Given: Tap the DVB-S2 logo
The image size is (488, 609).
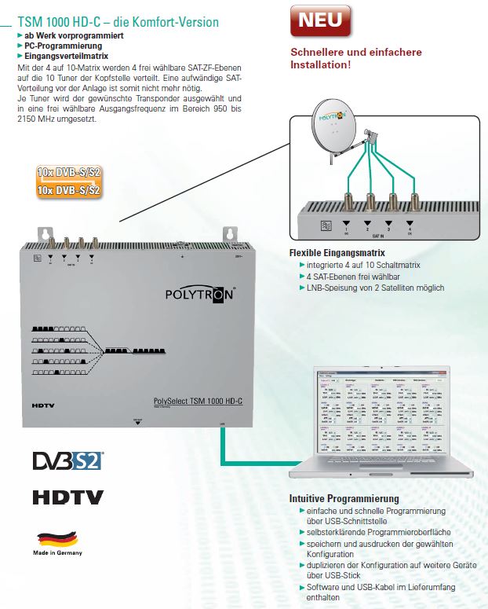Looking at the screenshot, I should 67,460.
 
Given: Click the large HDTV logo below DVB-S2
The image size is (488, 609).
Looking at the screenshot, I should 67,497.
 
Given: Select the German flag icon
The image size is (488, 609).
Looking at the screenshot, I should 57,540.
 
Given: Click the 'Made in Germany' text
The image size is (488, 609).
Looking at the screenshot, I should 58,552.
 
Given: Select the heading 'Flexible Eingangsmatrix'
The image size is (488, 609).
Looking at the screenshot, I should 337,253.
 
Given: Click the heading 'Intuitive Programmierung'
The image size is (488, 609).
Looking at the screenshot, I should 344,499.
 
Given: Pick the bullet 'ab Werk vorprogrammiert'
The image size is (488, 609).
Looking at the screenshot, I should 67,36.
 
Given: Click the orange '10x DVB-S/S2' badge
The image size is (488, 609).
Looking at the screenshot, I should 69,181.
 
